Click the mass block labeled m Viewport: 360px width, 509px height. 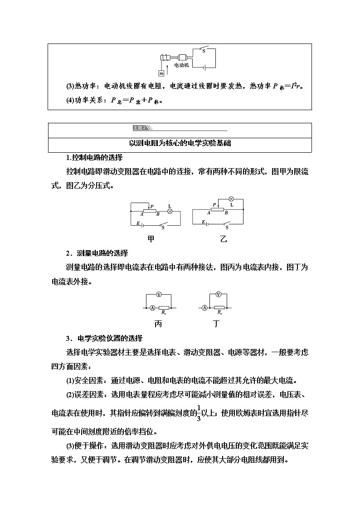[161, 73]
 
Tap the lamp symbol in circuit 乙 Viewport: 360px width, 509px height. [230, 198]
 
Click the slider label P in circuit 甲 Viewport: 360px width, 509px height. [152, 206]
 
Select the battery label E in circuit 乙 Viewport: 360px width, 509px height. [204, 222]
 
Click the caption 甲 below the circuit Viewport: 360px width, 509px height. [151, 239]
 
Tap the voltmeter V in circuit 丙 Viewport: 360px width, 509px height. [159, 295]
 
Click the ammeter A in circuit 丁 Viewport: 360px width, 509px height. [204, 308]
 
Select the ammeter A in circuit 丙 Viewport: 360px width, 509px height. [151, 308]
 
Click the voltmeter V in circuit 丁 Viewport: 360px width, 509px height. [219, 295]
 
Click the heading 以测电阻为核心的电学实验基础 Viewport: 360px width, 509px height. [180, 144]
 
